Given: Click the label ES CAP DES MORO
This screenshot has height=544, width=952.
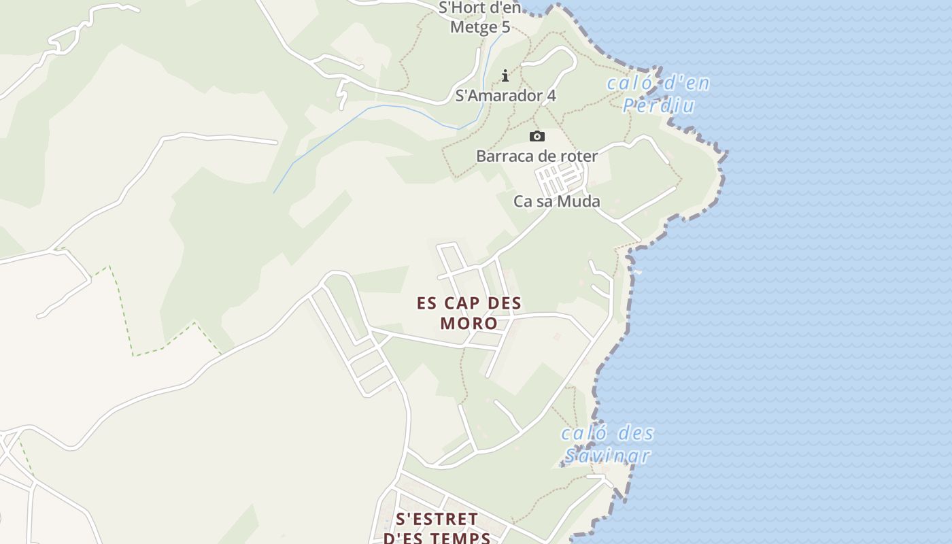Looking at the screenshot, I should pos(469,313).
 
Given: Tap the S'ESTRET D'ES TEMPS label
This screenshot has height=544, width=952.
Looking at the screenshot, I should pos(437,528).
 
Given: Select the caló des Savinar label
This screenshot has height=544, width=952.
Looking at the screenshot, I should pos(607,444).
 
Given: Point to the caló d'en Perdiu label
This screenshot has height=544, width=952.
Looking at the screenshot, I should pos(658,95).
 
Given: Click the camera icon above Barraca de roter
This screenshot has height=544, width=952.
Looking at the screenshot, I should pos(537,137).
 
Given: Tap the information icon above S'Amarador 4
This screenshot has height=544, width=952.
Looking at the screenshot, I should pos(505,75).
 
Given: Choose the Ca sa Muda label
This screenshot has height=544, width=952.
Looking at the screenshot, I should pos(557,201).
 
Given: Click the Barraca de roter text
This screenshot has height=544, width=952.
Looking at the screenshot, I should pos(537,156).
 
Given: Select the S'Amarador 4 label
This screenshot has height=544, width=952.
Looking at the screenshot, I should pos(505,96).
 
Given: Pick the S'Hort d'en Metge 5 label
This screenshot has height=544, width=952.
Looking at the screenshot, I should pos(480,18).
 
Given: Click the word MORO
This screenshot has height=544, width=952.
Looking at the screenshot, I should pos(469,322).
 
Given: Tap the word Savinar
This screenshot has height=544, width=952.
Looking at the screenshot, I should pos(607,456).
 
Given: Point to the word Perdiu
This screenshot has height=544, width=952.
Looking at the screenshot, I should pos(659,105).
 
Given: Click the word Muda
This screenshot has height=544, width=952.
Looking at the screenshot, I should pos(578,201).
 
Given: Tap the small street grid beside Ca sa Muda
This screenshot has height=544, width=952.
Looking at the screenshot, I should pos(560,179).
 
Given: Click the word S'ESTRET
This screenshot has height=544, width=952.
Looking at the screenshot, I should pos(437,520).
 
